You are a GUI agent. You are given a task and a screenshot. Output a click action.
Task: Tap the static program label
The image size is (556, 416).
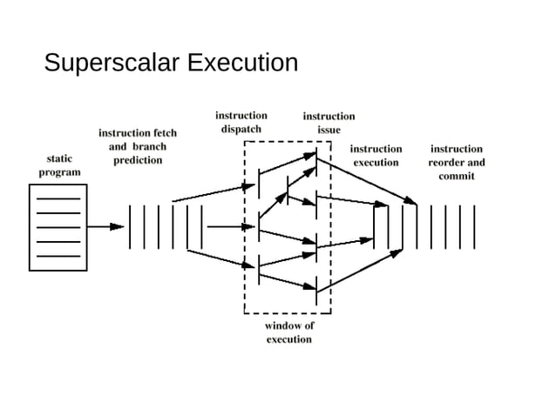tap(58, 165)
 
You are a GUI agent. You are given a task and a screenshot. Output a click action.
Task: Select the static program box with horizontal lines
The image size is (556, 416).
tap(58, 227)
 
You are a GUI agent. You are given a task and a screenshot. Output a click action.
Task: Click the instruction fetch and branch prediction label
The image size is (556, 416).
tap(137, 146)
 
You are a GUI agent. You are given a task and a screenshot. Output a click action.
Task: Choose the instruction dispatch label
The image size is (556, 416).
tap(241, 122)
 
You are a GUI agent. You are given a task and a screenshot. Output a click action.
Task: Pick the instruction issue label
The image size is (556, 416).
tap(329, 123)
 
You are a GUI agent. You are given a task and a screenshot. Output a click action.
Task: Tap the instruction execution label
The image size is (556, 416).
tap(376, 156)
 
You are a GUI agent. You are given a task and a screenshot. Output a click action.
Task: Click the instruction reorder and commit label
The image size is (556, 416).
tap(456, 163)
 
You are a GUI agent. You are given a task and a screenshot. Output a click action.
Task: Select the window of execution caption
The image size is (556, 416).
tap(288, 332)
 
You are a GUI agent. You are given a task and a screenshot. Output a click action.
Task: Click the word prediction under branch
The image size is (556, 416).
tap(138, 160)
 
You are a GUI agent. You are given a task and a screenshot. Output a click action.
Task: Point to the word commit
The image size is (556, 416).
tap(457, 177)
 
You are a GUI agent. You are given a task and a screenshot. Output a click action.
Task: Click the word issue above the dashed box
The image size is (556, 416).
tap(329, 130)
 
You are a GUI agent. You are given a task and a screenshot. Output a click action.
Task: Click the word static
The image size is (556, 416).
tap(58, 158)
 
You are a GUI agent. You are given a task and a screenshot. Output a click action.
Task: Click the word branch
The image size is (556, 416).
tap(149, 146)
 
